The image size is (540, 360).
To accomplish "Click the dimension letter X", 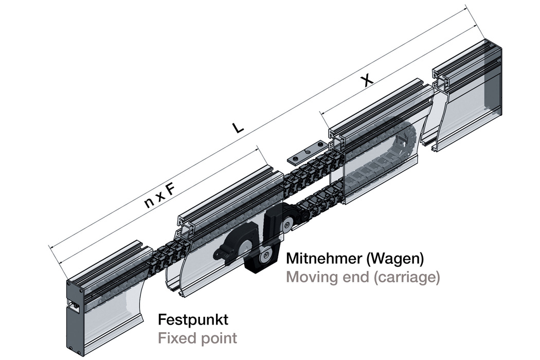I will click(366, 80).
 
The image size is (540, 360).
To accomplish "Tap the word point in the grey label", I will click(219, 338).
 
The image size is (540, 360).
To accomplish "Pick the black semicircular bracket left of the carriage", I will click(237, 245).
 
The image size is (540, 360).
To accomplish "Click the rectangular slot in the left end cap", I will click(75, 307).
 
